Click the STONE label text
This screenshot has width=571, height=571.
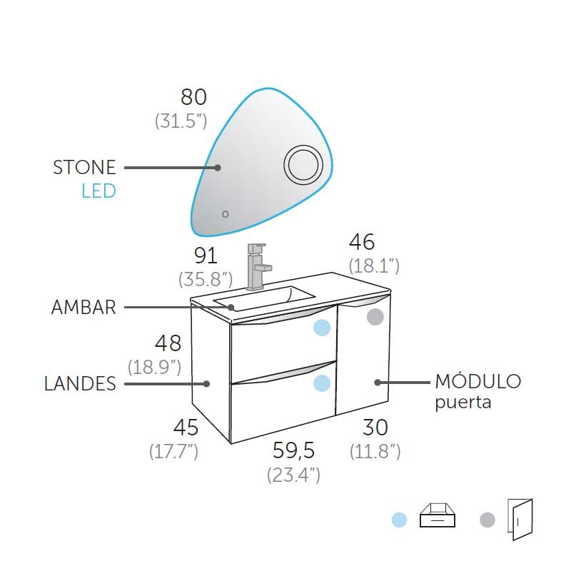tap(84, 168)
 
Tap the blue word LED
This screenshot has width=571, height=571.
tap(98, 191)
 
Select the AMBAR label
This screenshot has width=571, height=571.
tap(84, 308)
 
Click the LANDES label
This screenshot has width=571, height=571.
tap(80, 384)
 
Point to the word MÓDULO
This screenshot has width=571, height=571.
tap(478, 381)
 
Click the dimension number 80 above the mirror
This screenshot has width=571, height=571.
tap(193, 97)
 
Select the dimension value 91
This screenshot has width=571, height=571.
tap(206, 256)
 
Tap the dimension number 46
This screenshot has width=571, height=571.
tap(362, 242)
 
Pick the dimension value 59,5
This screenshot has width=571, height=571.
tap(293, 450)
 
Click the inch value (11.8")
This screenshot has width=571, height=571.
tap(375, 451)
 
